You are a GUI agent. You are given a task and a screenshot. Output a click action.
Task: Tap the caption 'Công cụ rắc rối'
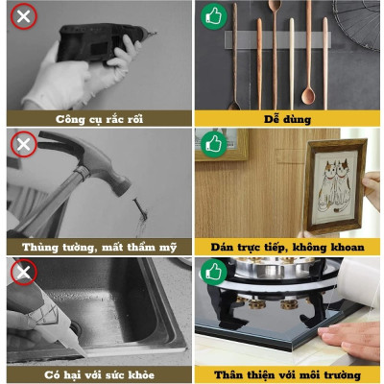[94, 119]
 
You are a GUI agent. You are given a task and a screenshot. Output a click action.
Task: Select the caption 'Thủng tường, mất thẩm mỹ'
[94, 247]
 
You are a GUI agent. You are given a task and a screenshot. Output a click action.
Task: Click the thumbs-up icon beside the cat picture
[212, 145]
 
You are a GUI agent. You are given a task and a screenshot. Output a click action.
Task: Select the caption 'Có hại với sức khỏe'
[94, 374]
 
